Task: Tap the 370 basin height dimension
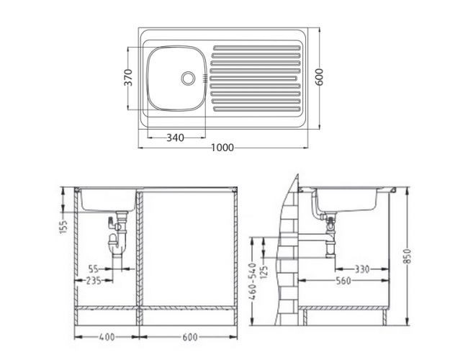click(127, 77)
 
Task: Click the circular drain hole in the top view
click(189, 77)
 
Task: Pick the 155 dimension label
click(64, 226)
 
